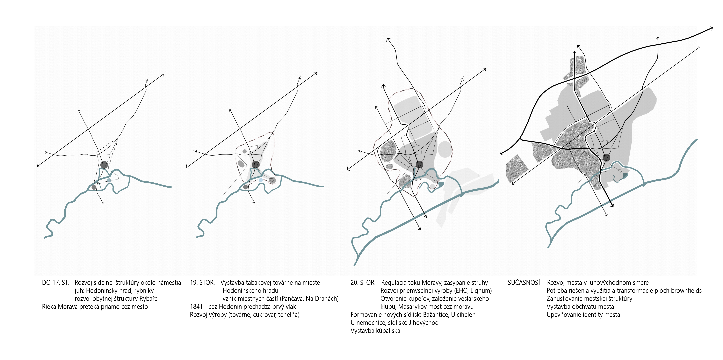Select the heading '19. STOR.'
point(202,283)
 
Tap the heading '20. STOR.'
point(363,283)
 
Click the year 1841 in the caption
point(196,307)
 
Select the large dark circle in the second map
point(256,164)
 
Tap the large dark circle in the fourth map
point(607,158)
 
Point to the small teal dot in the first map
point(109,180)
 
